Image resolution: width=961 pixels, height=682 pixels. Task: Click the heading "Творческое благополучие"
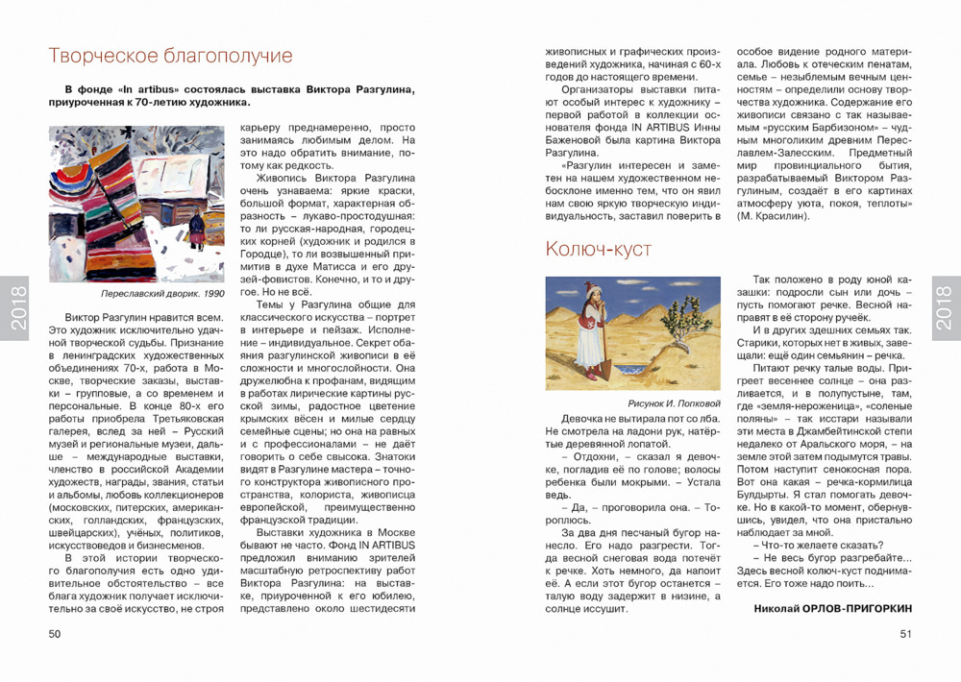[x=170, y=56]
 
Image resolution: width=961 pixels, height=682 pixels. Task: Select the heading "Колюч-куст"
[x=599, y=250]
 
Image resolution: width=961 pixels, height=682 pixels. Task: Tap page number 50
[x=55, y=633]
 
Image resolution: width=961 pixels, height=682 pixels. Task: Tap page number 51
[x=905, y=633]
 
